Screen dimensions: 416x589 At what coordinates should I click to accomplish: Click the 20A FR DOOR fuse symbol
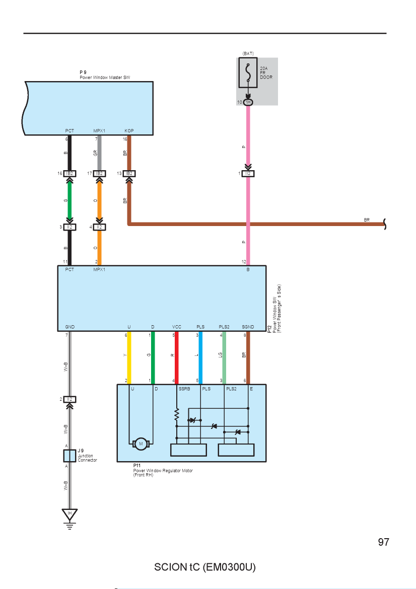coord(248,72)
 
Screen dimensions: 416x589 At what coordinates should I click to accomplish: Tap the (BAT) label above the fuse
coord(248,54)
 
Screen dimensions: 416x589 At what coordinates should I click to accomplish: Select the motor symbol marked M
coord(141,444)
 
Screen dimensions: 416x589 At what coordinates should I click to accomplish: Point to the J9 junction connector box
coord(70,456)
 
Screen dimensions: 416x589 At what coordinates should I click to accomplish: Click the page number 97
coord(383,542)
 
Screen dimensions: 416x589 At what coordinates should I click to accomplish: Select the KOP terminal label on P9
coord(129,131)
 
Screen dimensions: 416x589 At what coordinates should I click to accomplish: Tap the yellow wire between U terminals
coord(129,357)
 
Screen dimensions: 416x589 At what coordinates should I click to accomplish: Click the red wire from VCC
coord(177,357)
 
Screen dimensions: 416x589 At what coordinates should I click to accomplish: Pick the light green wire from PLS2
coord(224,357)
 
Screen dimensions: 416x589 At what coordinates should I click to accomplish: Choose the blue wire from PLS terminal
coord(200,357)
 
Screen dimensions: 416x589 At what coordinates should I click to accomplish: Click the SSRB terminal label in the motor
coord(184,389)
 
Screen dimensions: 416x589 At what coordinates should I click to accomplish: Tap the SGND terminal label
coord(248,327)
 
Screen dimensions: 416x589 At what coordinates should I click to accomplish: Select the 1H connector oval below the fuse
coord(248,102)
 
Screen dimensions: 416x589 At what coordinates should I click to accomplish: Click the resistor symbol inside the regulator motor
coord(177,415)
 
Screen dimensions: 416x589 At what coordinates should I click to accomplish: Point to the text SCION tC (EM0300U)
coord(205,567)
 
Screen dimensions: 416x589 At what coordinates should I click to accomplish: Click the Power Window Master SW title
coord(105,78)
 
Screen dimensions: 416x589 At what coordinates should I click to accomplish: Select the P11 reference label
coord(137,466)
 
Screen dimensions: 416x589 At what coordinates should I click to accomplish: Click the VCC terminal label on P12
coord(177,327)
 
